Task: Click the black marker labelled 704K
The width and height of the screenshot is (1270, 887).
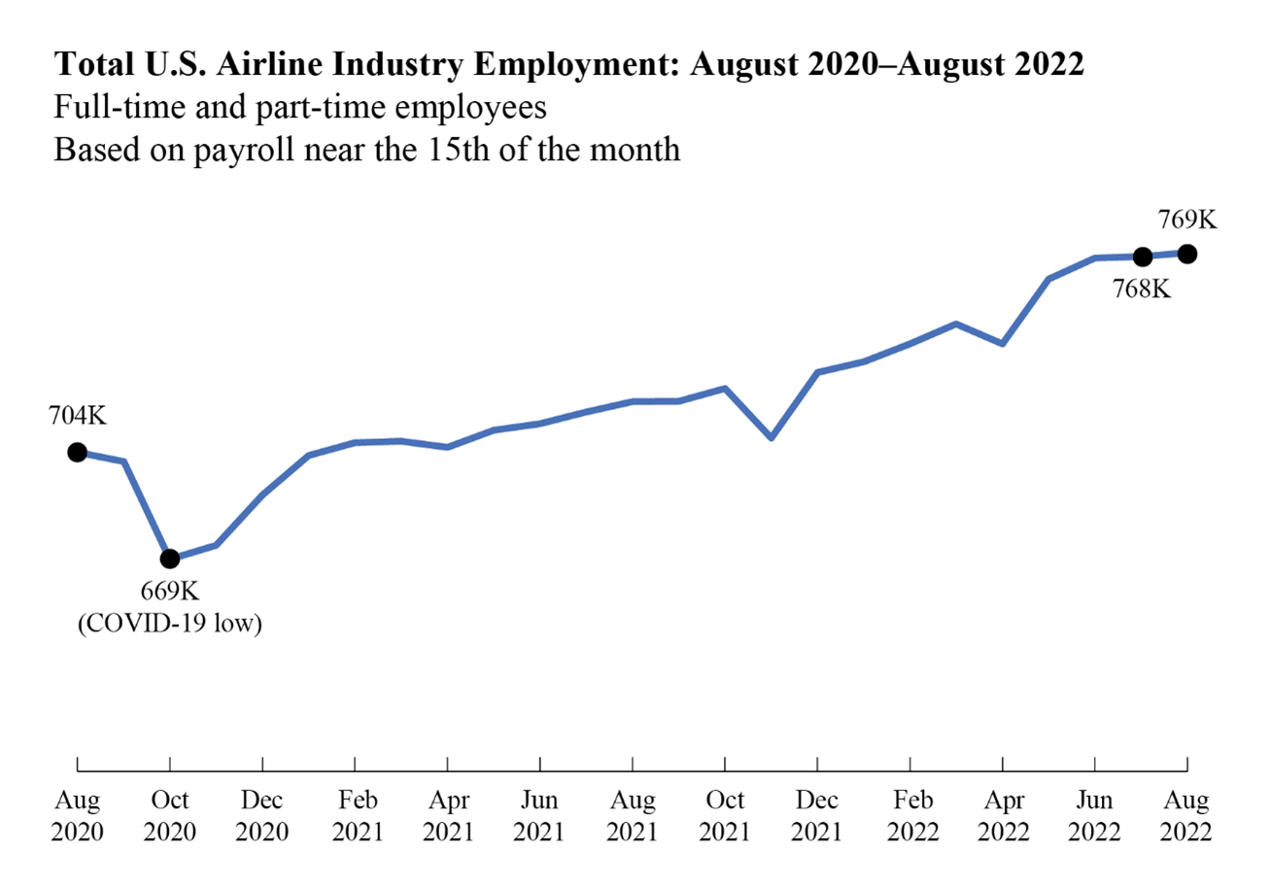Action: (77, 452)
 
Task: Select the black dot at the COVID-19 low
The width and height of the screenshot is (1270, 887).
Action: (170, 559)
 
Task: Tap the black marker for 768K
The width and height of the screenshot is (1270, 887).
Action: (1143, 256)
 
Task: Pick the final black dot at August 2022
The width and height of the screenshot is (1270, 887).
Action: (1186, 254)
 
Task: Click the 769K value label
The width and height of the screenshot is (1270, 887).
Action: (1186, 220)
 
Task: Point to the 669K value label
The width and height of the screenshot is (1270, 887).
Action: (170, 592)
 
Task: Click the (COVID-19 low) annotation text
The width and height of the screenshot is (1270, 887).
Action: (170, 623)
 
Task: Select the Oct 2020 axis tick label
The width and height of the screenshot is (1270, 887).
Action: (170, 816)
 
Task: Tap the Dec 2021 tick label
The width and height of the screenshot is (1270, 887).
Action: (817, 816)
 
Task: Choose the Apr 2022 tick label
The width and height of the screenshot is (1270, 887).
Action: (1002, 816)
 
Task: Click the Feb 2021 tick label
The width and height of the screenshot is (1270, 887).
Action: (355, 816)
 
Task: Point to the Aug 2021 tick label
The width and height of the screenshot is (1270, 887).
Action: (633, 816)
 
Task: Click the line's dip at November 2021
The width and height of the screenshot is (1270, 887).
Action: (772, 437)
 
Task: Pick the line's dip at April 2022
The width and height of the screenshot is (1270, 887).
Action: (1002, 343)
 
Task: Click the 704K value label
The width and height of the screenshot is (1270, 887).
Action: (77, 417)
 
